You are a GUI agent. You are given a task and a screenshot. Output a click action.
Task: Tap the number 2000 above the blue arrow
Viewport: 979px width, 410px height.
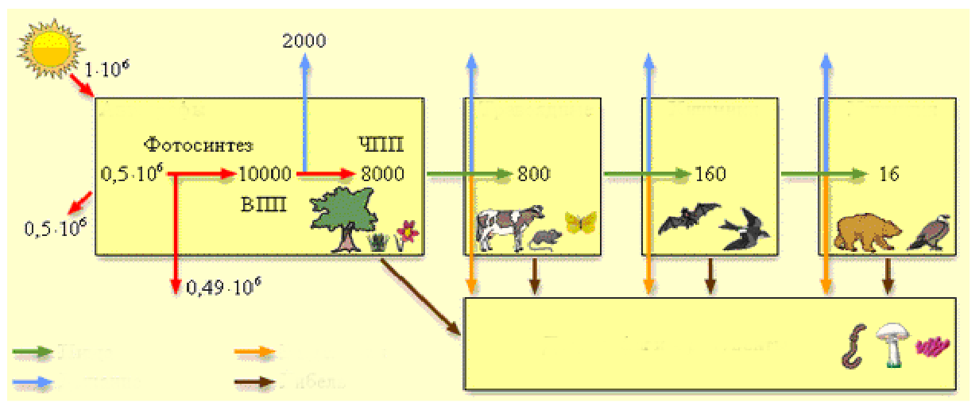(x=304, y=41)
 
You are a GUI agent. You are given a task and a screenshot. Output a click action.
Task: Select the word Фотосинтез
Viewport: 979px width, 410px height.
(x=198, y=145)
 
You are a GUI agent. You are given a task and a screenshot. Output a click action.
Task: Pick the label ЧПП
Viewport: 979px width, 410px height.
(x=381, y=145)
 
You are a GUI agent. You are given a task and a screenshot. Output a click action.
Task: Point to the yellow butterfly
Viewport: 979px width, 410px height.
(x=580, y=222)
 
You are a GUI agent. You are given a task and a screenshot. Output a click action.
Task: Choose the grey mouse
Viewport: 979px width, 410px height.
(x=545, y=239)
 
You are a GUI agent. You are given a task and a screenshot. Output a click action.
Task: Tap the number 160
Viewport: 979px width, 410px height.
(x=710, y=173)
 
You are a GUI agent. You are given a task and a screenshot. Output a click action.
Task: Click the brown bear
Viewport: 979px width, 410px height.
(x=868, y=230)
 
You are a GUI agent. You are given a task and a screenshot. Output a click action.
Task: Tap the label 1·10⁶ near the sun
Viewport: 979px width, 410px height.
(x=106, y=70)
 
